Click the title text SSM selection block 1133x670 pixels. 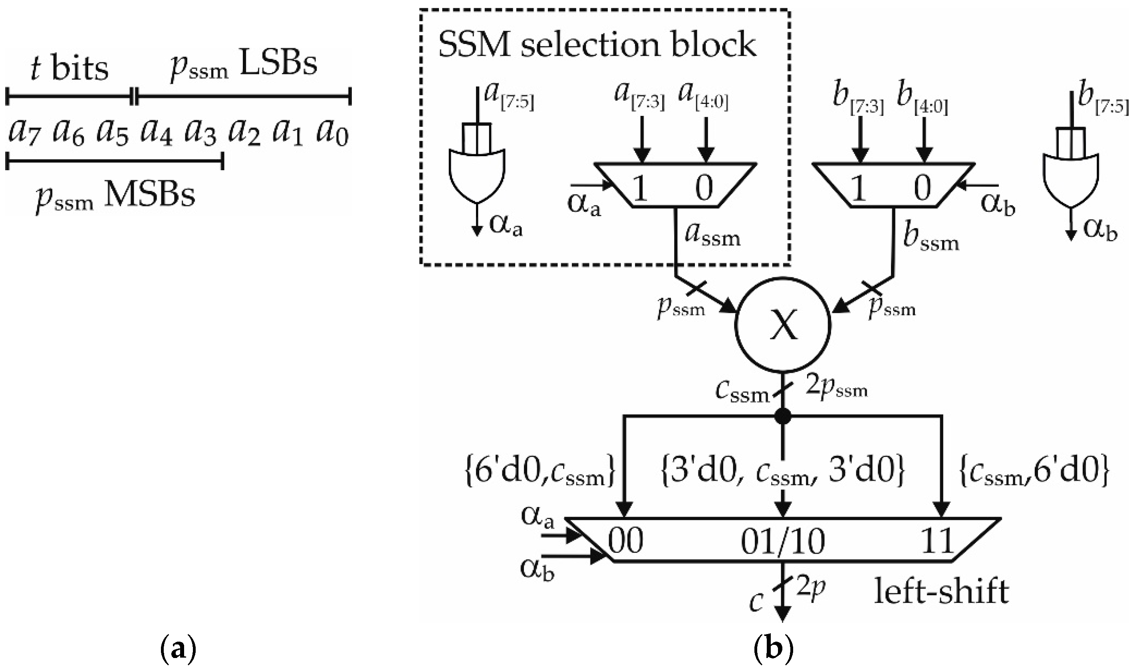tap(597, 46)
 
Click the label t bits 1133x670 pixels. tap(70, 69)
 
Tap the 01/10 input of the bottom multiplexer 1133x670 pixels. tap(782, 541)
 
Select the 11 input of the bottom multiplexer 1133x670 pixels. tap(938, 541)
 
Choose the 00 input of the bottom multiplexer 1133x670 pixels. tap(625, 541)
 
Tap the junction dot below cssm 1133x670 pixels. tap(782, 416)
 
